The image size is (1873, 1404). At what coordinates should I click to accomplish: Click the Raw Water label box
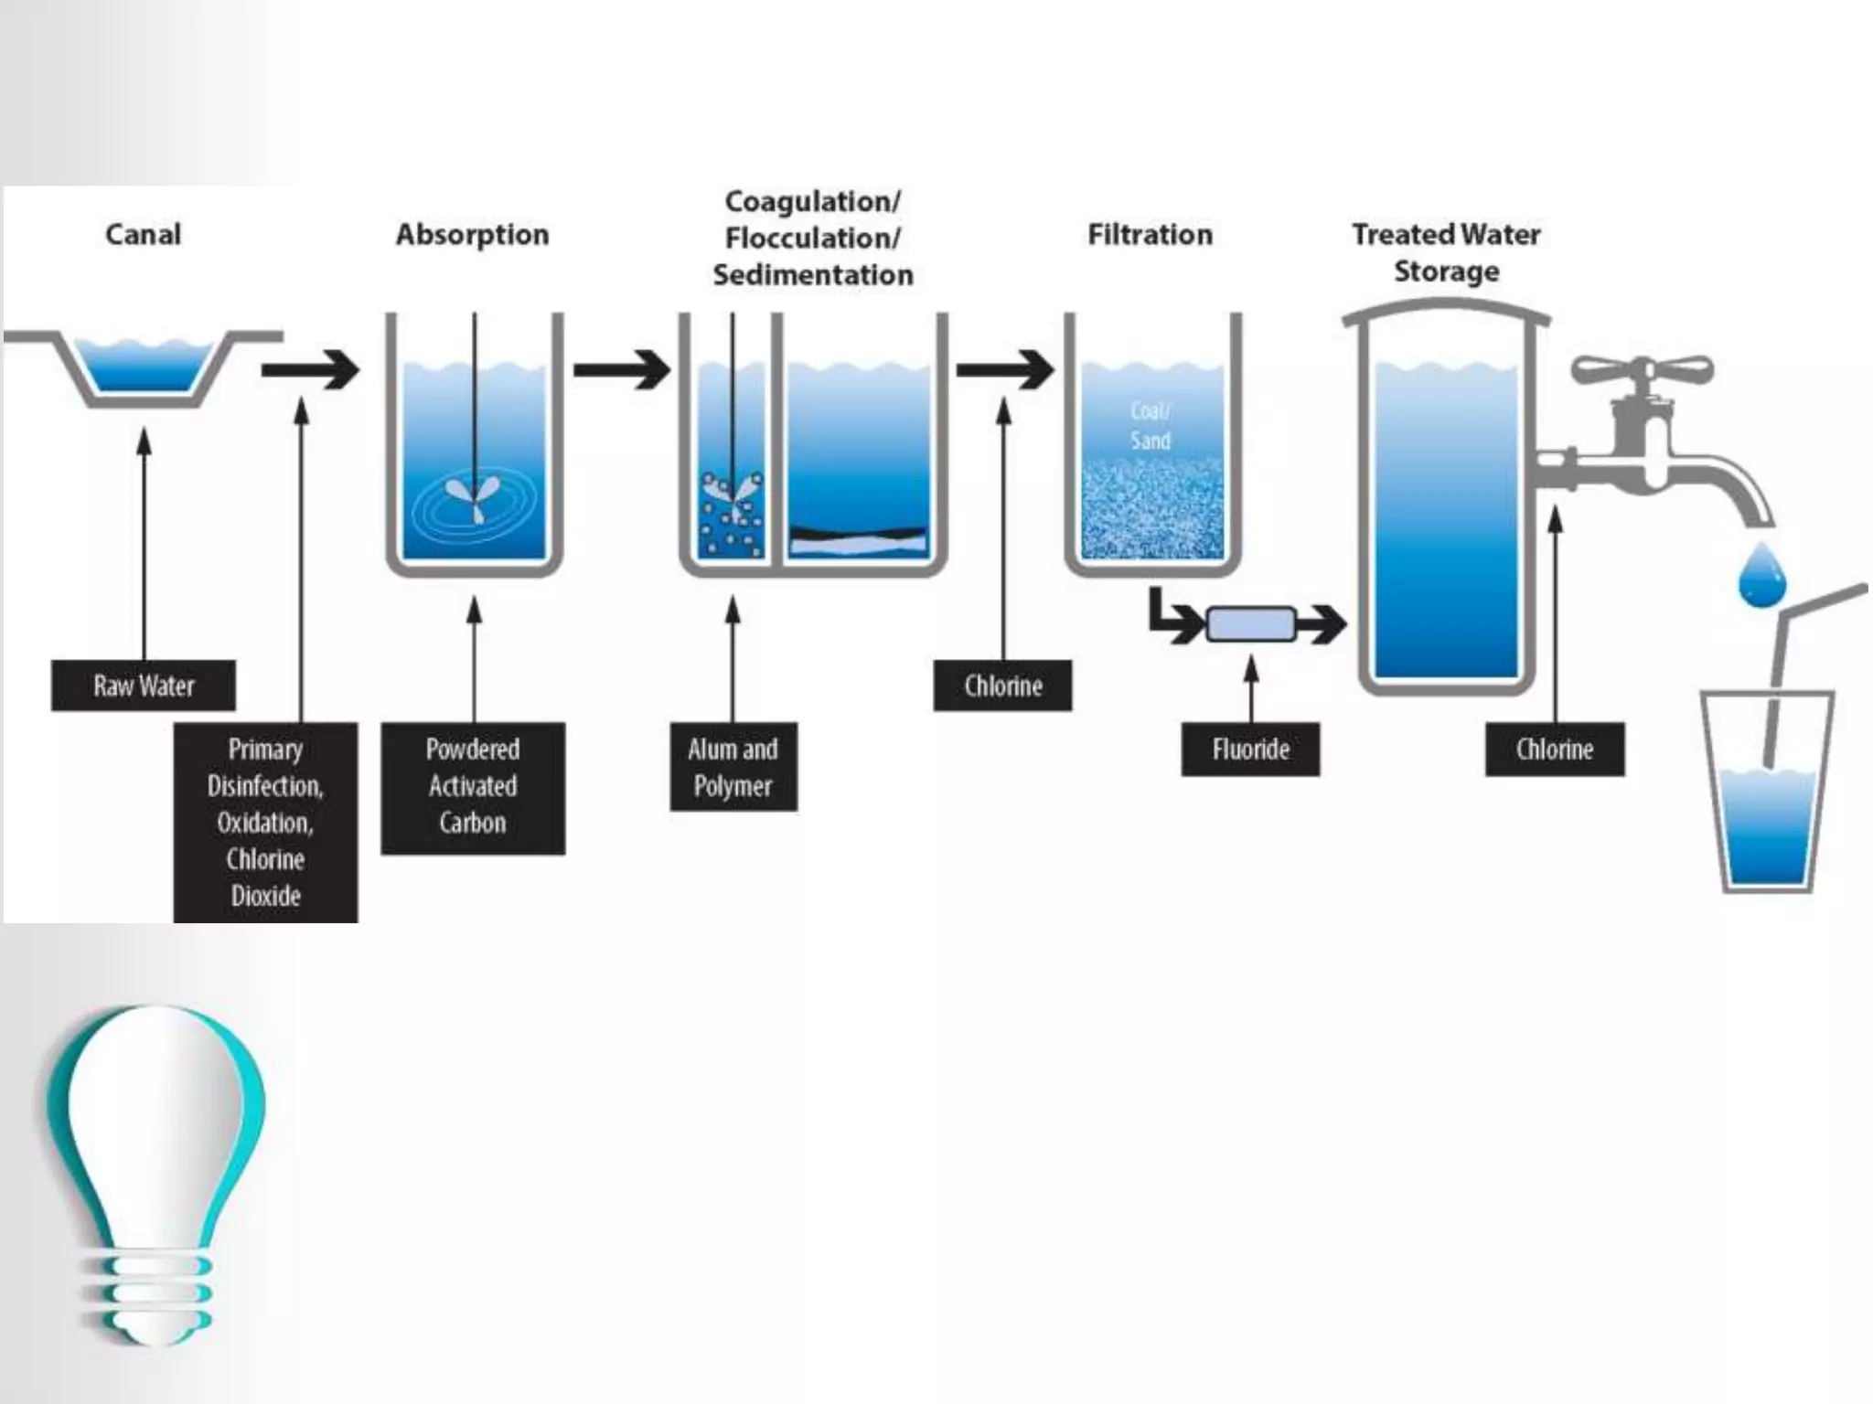coord(144,686)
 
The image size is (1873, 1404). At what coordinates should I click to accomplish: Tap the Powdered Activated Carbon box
coord(473,788)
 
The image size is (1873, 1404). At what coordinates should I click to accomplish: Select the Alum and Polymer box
coord(733,768)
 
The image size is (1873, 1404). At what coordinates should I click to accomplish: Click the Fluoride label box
coord(1250,750)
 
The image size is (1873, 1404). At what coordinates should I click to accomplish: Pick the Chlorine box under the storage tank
coord(1555,750)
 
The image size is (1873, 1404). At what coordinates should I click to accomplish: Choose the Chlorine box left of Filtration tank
coord(1002,686)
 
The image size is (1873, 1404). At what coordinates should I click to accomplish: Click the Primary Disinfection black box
coord(265,823)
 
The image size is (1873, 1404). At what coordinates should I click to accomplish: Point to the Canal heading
coord(144,235)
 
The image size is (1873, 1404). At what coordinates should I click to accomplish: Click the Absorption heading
coord(473,235)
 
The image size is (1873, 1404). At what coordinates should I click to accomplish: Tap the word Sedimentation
coord(813,275)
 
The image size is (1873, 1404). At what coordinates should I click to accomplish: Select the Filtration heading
coord(1151,235)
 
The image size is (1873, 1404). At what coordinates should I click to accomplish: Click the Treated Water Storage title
coord(1447,253)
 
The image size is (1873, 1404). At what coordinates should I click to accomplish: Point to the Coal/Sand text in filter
coord(1151,426)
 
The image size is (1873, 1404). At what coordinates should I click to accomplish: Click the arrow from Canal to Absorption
coord(311,370)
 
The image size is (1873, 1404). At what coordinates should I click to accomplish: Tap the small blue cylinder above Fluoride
coord(1251,625)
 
